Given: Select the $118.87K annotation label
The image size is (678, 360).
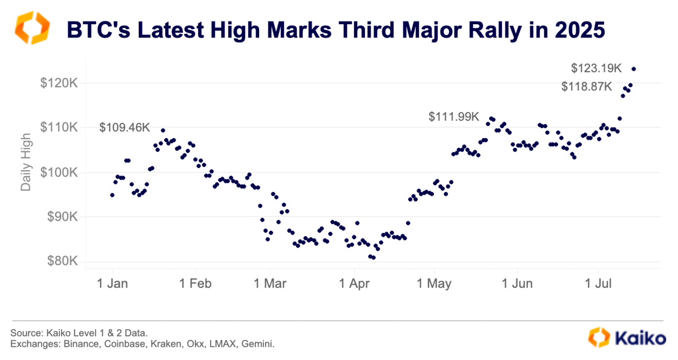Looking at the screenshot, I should [x=587, y=87].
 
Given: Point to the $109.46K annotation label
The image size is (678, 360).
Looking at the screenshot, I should [x=124, y=128].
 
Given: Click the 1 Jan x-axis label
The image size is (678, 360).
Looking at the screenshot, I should [x=113, y=283].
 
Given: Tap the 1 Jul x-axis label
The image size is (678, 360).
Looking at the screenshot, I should [x=599, y=283].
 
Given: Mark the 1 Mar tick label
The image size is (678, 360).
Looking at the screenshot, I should [x=270, y=283].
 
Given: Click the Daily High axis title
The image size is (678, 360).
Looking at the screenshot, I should [x=26, y=166].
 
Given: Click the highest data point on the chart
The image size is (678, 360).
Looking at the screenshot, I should [x=634, y=68].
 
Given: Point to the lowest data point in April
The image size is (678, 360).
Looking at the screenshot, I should [x=374, y=257].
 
